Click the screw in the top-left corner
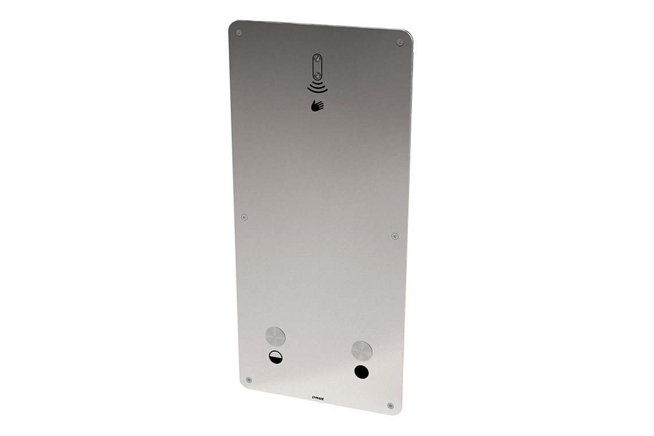(x=239, y=32)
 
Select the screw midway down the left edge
(x=244, y=217)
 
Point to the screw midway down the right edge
(x=395, y=236)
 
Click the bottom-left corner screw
(x=248, y=380)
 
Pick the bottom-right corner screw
(x=390, y=406)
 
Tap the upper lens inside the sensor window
(x=317, y=60)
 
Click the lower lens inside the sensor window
(x=317, y=74)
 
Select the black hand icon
(x=317, y=105)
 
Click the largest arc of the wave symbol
(x=317, y=91)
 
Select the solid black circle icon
(x=361, y=371)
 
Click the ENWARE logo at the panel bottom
(x=318, y=396)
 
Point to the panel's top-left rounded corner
(x=232, y=24)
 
